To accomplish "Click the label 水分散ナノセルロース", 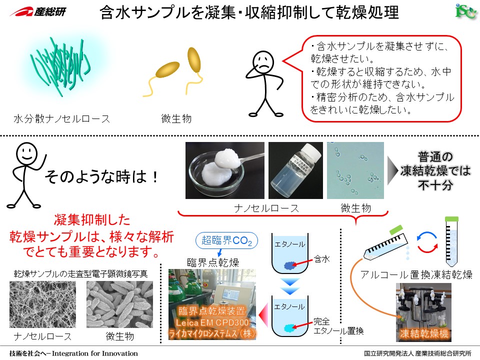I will (61, 119).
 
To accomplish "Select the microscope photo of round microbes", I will (355, 170).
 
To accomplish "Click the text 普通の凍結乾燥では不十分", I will (435, 171).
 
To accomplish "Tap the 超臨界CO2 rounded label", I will (226, 242).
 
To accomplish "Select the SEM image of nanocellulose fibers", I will (42, 304).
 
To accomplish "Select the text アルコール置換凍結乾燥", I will (416, 274).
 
